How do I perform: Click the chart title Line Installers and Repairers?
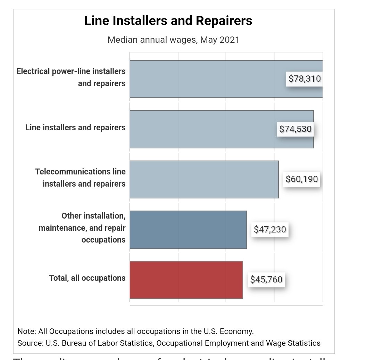(x=168, y=21)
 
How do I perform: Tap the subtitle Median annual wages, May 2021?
(x=173, y=40)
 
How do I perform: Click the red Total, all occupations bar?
(x=186, y=279)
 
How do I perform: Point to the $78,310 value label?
(x=305, y=79)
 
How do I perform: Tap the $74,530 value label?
(x=295, y=129)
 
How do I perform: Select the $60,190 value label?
(x=301, y=179)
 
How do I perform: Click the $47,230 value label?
(x=270, y=229)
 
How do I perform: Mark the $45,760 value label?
(x=266, y=279)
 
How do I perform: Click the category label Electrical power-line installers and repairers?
(x=71, y=77)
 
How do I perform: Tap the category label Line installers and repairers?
(x=75, y=128)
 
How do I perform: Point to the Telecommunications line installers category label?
(x=81, y=178)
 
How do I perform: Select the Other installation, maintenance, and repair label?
(x=82, y=228)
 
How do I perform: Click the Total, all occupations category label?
(x=87, y=278)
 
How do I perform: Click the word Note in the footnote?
(x=26, y=331)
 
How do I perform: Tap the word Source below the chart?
(x=30, y=343)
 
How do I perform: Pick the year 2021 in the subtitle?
(x=229, y=40)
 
